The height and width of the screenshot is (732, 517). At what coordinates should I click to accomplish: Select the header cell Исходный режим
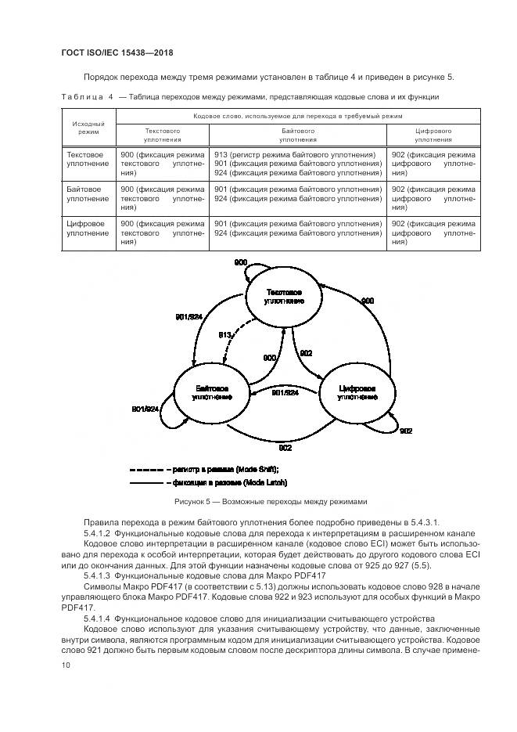tap(88, 128)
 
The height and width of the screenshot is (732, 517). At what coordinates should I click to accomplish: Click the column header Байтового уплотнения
tap(297, 135)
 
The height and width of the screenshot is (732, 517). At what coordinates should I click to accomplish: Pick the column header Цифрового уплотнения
tap(433, 135)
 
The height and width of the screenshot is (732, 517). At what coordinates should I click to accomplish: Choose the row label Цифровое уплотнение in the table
tap(88, 230)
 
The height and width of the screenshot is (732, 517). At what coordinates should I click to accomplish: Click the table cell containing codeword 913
tap(297, 155)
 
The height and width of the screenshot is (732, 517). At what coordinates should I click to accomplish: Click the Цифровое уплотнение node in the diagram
tap(357, 393)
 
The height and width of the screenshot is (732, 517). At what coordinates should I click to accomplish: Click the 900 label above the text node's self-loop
tap(241, 261)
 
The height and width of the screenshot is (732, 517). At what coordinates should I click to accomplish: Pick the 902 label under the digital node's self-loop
tap(407, 431)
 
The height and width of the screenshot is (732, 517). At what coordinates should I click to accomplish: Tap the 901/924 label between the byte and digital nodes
tap(285, 393)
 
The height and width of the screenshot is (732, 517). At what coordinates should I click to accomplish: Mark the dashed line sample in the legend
tap(146, 469)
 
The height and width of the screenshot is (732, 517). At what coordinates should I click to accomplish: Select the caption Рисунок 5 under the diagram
tap(270, 501)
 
